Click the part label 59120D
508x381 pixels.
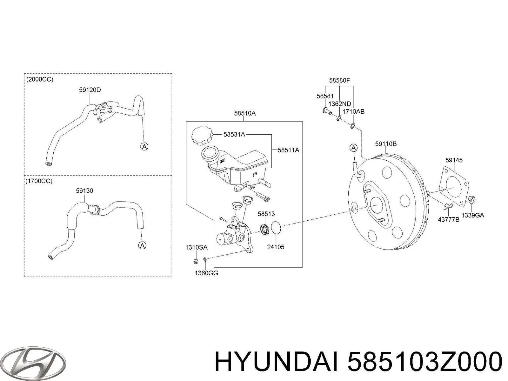[x=90, y=90]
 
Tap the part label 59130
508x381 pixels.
[x=84, y=191]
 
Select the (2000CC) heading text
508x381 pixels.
[x=40, y=80]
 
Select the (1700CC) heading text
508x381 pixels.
[x=39, y=181]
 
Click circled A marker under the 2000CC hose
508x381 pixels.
[x=144, y=146]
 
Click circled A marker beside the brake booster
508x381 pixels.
[x=353, y=148]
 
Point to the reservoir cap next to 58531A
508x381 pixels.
[x=202, y=137]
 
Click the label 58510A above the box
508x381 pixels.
[x=245, y=113]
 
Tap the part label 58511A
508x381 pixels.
[x=288, y=150]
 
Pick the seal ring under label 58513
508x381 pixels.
[x=264, y=229]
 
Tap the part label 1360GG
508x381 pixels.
[x=206, y=273]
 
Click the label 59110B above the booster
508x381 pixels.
[x=386, y=144]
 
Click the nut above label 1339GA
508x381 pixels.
[x=472, y=200]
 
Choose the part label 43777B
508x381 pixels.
[x=449, y=219]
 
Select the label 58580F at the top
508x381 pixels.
[x=339, y=81]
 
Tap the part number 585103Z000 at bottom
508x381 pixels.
[x=425, y=362]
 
